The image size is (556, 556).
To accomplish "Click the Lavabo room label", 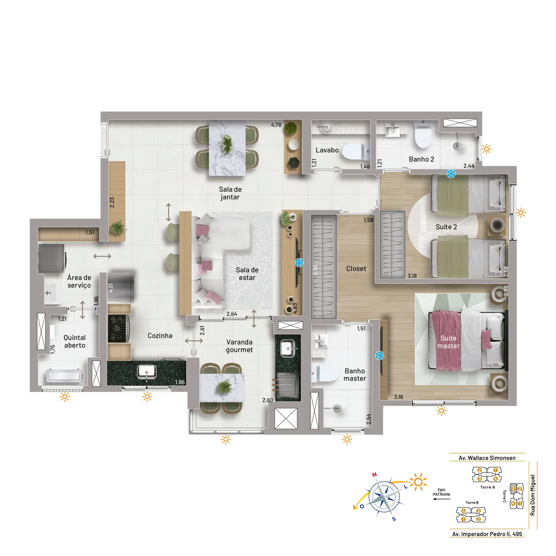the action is tap(327, 150).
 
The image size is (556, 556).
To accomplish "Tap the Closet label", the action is tap(356, 269).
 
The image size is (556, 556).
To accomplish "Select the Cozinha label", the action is tap(160, 336).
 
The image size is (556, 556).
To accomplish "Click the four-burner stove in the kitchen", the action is tap(118, 328).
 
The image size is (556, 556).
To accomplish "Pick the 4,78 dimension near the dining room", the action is tap(276, 125).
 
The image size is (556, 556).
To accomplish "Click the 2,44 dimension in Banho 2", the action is tap(469, 166).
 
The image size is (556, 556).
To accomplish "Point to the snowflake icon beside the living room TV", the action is tap(299, 263).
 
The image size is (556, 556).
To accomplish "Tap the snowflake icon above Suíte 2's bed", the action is tap(451, 174).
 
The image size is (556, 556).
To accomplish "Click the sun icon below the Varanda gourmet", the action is tap(226, 439).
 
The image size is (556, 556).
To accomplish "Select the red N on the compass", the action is tap(374, 475).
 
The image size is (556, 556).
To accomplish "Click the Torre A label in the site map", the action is tap(487, 487).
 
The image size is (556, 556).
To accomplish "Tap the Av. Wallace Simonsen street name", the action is tap(487, 458).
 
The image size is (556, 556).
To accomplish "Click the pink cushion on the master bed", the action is tap(486, 339).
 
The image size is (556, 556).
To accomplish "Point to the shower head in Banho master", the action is tap(336, 409).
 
